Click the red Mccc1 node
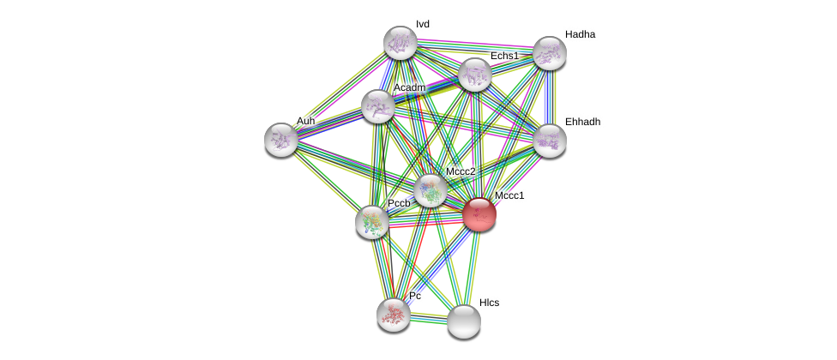click(479, 214)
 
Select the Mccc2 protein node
click(430, 190)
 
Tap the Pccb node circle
click(372, 222)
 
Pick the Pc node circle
click(394, 315)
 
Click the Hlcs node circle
click(464, 321)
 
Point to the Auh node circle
click(281, 140)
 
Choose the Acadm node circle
click(378, 106)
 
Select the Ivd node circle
click(400, 43)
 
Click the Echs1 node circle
click(475, 75)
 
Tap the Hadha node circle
click(550, 53)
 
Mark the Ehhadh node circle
click(550, 141)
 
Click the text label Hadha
click(580, 34)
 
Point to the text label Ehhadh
click(582, 122)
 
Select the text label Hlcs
click(489, 303)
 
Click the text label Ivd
click(423, 24)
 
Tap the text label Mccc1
click(509, 195)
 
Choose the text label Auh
click(305, 121)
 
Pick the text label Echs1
click(504, 56)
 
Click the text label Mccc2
click(461, 171)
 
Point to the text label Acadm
click(410, 87)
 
